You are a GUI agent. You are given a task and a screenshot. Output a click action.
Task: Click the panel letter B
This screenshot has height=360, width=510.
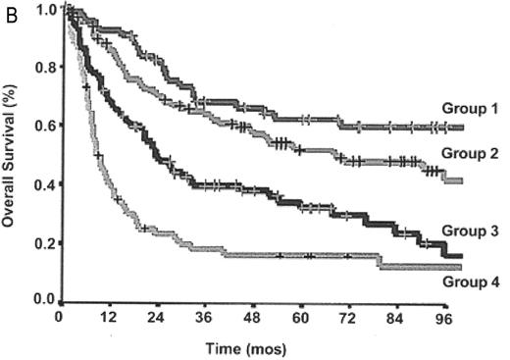pyautogui.click(x=9, y=11)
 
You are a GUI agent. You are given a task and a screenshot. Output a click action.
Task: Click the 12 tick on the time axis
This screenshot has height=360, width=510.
pyautogui.click(x=108, y=318)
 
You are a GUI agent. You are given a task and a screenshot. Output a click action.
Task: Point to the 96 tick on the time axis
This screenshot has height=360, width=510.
pyautogui.click(x=442, y=318)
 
